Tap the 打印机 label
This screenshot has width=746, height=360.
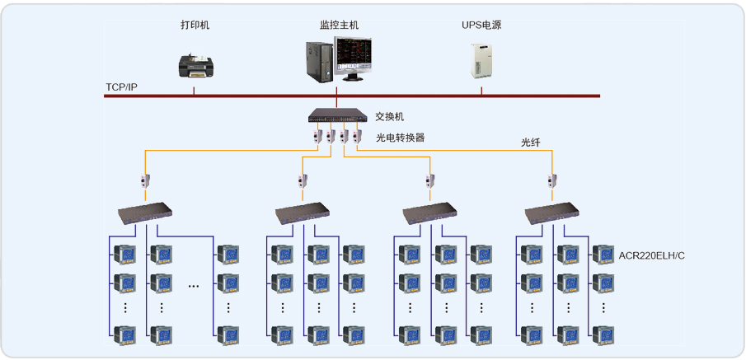pos(195,26)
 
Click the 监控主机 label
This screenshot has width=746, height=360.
pos(340,26)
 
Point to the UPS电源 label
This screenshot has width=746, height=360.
pos(481,26)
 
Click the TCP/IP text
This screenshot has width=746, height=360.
pos(121,86)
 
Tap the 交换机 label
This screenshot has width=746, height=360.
pos(390,117)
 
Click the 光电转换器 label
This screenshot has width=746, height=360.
pos(401,138)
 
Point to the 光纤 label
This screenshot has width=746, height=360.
pos(530,143)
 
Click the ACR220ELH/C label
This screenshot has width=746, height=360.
pos(652,255)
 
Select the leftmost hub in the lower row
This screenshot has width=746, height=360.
pos(146,214)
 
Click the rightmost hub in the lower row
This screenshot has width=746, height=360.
pos(553,214)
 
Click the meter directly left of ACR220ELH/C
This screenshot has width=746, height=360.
pos(603,255)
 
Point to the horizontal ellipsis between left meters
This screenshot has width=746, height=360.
pos(194,286)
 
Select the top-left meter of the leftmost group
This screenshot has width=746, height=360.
pos(124,255)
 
